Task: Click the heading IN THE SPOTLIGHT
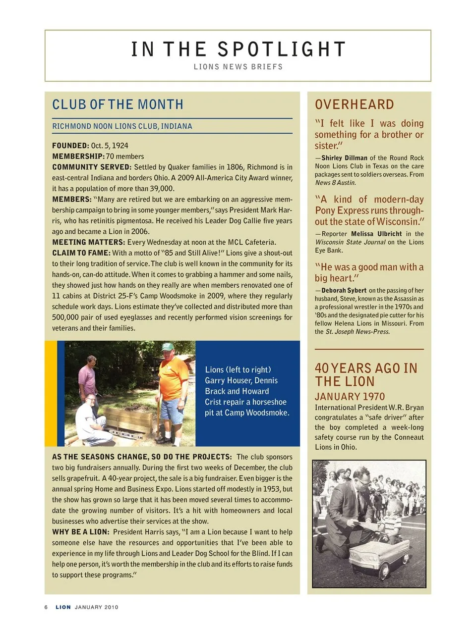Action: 238,49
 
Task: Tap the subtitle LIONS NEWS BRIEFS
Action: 238,67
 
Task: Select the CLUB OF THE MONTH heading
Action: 118,104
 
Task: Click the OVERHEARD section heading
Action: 355,104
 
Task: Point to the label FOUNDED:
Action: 70,146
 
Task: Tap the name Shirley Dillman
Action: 344,158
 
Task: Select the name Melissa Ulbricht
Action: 376,234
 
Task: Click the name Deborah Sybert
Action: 344,291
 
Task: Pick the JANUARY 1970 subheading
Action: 350,397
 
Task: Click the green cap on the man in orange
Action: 168,347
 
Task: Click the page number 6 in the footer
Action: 46,607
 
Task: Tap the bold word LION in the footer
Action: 63,607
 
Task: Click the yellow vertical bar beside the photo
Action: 51,394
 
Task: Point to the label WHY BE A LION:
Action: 80,532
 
